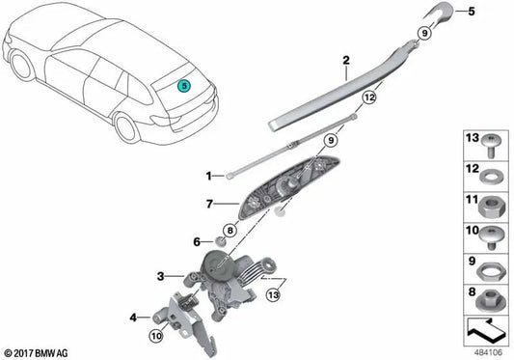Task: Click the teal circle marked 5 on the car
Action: point(183,84)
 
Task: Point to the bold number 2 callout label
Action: point(344,61)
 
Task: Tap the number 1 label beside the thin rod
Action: point(207,176)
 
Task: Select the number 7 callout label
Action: point(207,204)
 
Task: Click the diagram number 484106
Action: point(484,351)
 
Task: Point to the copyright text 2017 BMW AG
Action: point(39,350)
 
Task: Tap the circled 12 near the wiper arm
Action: point(367,97)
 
